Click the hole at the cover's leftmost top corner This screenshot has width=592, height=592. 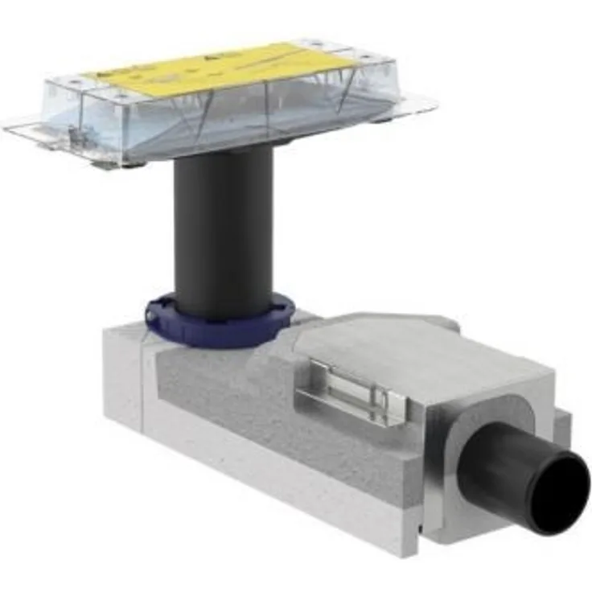pos(77,80)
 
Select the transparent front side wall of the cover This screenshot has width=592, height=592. pos(201,129)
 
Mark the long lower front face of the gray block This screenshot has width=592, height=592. pos(282,483)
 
